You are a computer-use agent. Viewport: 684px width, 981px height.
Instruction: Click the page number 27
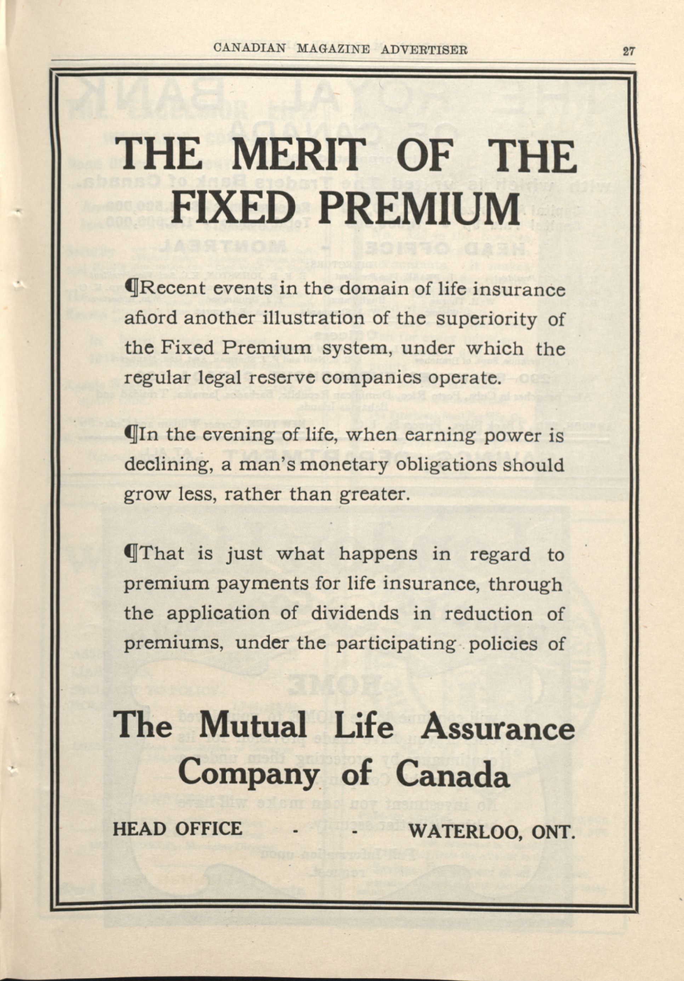[629, 52]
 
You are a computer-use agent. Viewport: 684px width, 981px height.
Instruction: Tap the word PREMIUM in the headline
[419, 209]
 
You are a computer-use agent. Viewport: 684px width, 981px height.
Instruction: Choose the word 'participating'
[395, 644]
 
